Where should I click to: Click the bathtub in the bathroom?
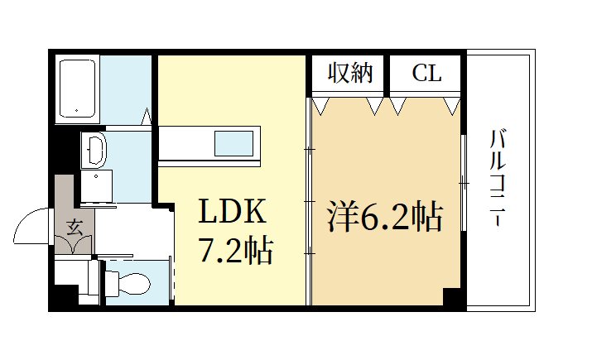tap(77, 89)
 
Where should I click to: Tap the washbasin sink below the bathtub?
tap(94, 151)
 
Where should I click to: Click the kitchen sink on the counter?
tap(235, 144)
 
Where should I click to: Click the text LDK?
tap(231, 214)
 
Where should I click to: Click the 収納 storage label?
tap(350, 74)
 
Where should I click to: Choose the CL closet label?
tap(426, 74)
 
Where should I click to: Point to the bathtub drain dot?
tap(76, 110)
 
